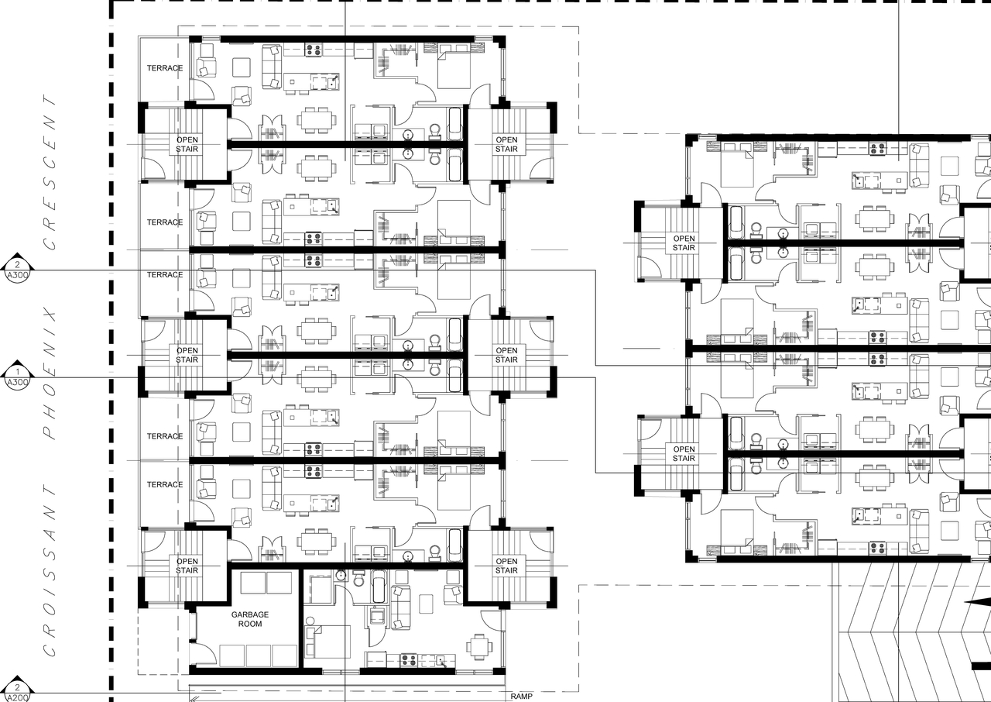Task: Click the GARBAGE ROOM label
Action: [x=250, y=618]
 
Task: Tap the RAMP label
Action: [x=521, y=696]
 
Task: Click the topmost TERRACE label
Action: [x=165, y=68]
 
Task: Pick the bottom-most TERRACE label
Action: [x=165, y=484]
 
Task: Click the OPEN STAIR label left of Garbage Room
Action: [x=187, y=566]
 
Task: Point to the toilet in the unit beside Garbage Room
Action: [x=358, y=579]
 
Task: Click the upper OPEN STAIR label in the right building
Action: [x=684, y=243]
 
